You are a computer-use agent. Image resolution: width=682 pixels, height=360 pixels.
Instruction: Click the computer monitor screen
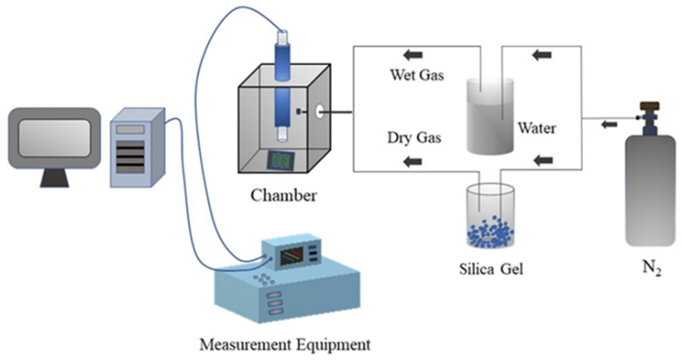click(x=54, y=138)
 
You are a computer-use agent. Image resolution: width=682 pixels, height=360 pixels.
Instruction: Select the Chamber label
click(x=283, y=196)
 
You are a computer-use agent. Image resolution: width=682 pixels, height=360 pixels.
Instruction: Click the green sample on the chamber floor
click(x=280, y=161)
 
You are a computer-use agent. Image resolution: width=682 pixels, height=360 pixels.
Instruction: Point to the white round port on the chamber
click(x=319, y=112)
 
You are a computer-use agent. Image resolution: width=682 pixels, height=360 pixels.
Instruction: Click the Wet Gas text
click(x=417, y=75)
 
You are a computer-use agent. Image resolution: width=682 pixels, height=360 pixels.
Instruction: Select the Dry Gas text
click(x=414, y=138)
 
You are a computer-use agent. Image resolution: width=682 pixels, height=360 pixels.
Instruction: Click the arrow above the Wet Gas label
click(x=413, y=56)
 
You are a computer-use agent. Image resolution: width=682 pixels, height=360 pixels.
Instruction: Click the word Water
click(x=536, y=128)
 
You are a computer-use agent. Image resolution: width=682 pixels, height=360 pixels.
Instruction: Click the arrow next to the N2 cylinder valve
click(x=609, y=125)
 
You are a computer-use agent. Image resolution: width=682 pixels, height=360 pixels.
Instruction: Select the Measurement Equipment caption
click(x=285, y=345)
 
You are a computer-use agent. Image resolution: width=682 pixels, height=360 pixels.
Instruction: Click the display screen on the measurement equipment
click(x=292, y=256)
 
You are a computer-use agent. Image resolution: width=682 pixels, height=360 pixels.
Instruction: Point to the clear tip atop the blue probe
click(x=283, y=37)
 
